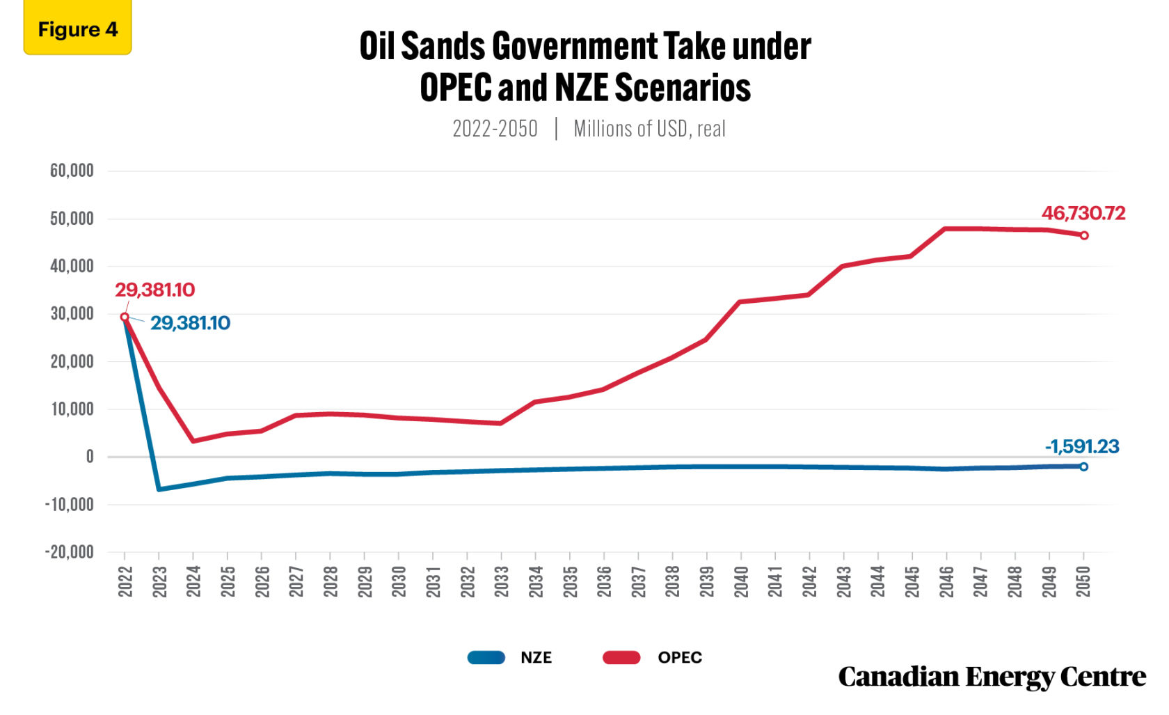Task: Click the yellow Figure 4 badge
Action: click(x=77, y=29)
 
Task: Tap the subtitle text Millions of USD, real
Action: click(x=649, y=129)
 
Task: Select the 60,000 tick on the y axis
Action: click(x=72, y=171)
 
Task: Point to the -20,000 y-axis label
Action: click(x=70, y=552)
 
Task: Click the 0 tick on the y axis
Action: click(x=89, y=457)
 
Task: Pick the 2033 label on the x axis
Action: click(x=502, y=581)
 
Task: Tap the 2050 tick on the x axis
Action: click(x=1083, y=581)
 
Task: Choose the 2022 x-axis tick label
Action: click(x=125, y=581)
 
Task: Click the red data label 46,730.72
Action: click(x=1083, y=213)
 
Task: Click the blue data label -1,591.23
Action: click(x=1081, y=446)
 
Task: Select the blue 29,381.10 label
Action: click(x=190, y=323)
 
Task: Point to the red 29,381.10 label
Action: click(x=154, y=290)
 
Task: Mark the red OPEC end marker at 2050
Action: click(x=1083, y=235)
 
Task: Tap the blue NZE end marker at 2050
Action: click(x=1083, y=466)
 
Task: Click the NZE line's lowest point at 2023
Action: click(x=159, y=489)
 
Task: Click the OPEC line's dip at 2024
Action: click(x=193, y=441)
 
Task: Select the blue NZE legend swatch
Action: click(x=486, y=657)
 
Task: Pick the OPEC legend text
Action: click(x=679, y=657)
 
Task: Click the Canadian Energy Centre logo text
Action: click(x=991, y=677)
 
